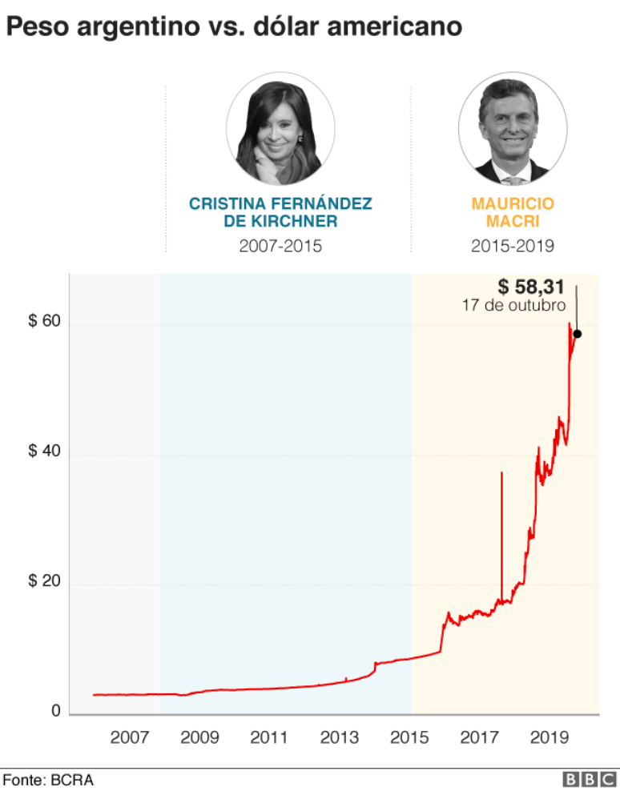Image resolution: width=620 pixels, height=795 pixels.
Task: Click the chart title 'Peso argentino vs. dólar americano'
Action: coord(234,26)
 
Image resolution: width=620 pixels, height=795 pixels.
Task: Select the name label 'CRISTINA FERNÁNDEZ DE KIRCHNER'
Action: coord(280,212)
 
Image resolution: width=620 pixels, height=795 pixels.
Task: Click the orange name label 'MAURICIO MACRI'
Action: coord(513,212)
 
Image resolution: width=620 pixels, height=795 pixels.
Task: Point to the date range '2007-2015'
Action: coord(280,246)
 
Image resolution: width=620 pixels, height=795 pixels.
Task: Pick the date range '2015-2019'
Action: coord(513,246)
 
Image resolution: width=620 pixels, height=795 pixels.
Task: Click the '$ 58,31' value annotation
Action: coord(531,287)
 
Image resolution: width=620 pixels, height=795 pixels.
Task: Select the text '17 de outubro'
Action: coord(513,306)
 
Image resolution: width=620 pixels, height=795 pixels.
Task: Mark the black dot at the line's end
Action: coord(577,334)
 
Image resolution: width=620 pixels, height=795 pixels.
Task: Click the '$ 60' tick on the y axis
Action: coord(44,321)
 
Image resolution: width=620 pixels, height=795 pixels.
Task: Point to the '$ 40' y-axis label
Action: coord(44,451)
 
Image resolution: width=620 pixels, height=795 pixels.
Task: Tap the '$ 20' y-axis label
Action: coord(44,580)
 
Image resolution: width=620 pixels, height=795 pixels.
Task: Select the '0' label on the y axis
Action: coord(55,710)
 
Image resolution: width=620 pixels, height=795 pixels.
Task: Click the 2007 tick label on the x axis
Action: coord(129,737)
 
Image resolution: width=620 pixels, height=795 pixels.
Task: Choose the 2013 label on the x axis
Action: coord(339,737)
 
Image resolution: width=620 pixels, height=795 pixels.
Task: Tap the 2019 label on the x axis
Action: coord(549,737)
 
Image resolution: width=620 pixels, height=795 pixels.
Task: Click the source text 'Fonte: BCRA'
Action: coord(48,780)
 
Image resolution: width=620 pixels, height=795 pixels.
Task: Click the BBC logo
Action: coord(590,780)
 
